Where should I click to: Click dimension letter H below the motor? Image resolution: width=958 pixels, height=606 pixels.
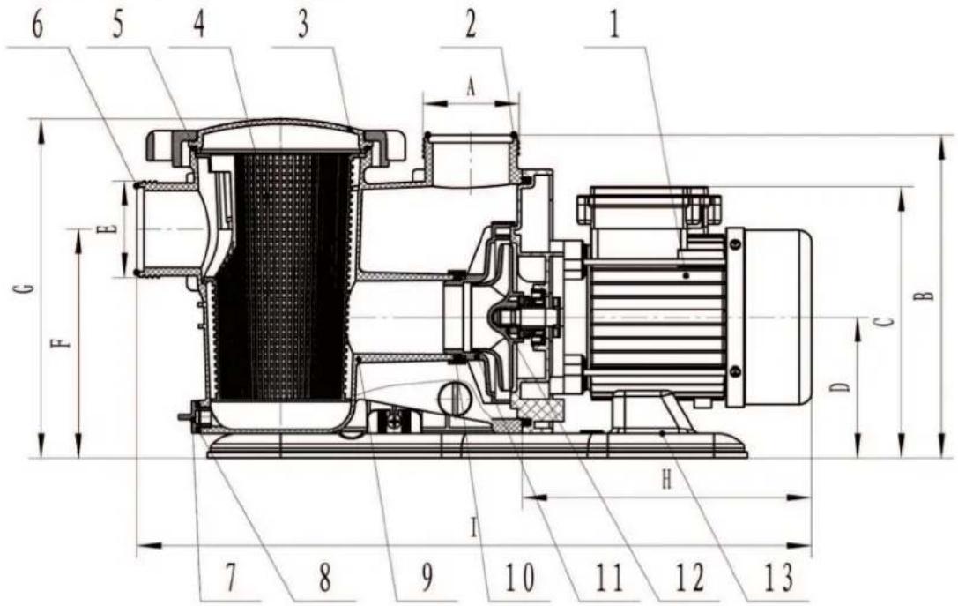[667, 481]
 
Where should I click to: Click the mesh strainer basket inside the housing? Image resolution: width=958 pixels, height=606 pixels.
[282, 282]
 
